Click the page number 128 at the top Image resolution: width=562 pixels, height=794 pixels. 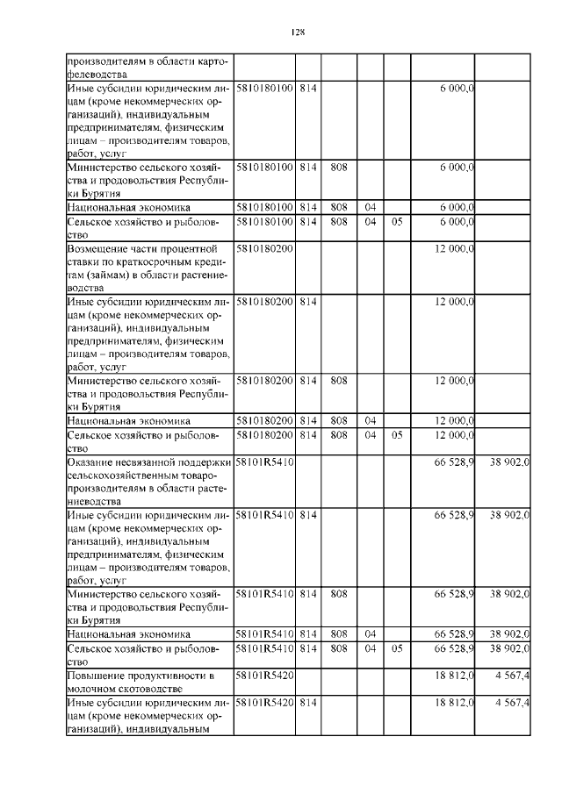pos(297,32)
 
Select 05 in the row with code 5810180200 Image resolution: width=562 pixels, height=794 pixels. pos(397,435)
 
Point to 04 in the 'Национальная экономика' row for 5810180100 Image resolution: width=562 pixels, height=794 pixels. pos(371,207)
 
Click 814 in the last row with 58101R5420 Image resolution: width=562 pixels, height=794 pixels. pos(307,703)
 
